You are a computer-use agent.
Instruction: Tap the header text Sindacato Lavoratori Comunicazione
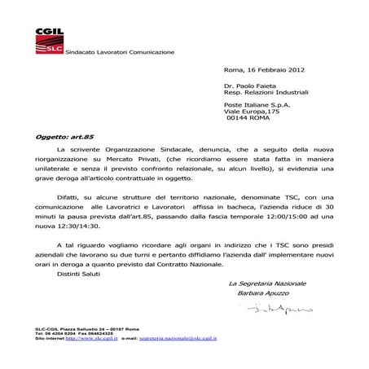pos(120,52)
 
